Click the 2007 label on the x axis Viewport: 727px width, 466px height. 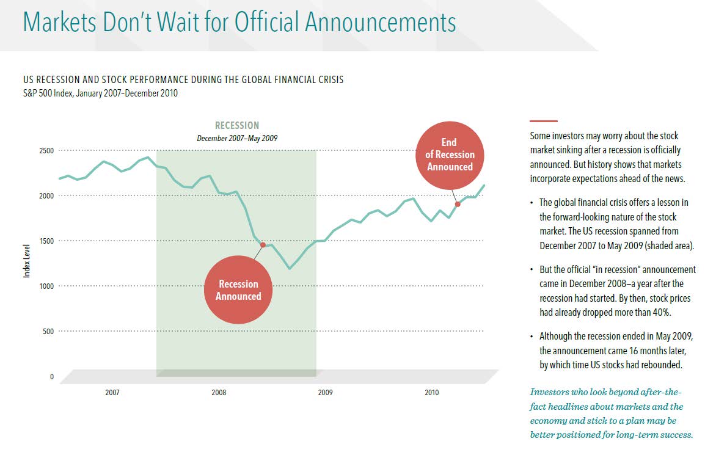pos(112,393)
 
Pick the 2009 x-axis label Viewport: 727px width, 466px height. pos(325,393)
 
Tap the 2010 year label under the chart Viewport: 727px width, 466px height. pos(431,393)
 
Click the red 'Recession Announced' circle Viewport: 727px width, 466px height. pos(238,290)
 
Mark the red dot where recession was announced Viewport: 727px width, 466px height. pos(263,245)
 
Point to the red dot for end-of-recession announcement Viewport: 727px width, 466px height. pos(457,204)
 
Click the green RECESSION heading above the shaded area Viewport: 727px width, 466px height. pos(237,126)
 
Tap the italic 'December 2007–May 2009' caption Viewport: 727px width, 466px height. pos(237,138)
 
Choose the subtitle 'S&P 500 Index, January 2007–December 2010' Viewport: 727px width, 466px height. pos(100,93)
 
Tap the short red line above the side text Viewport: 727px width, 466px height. pos(544,121)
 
